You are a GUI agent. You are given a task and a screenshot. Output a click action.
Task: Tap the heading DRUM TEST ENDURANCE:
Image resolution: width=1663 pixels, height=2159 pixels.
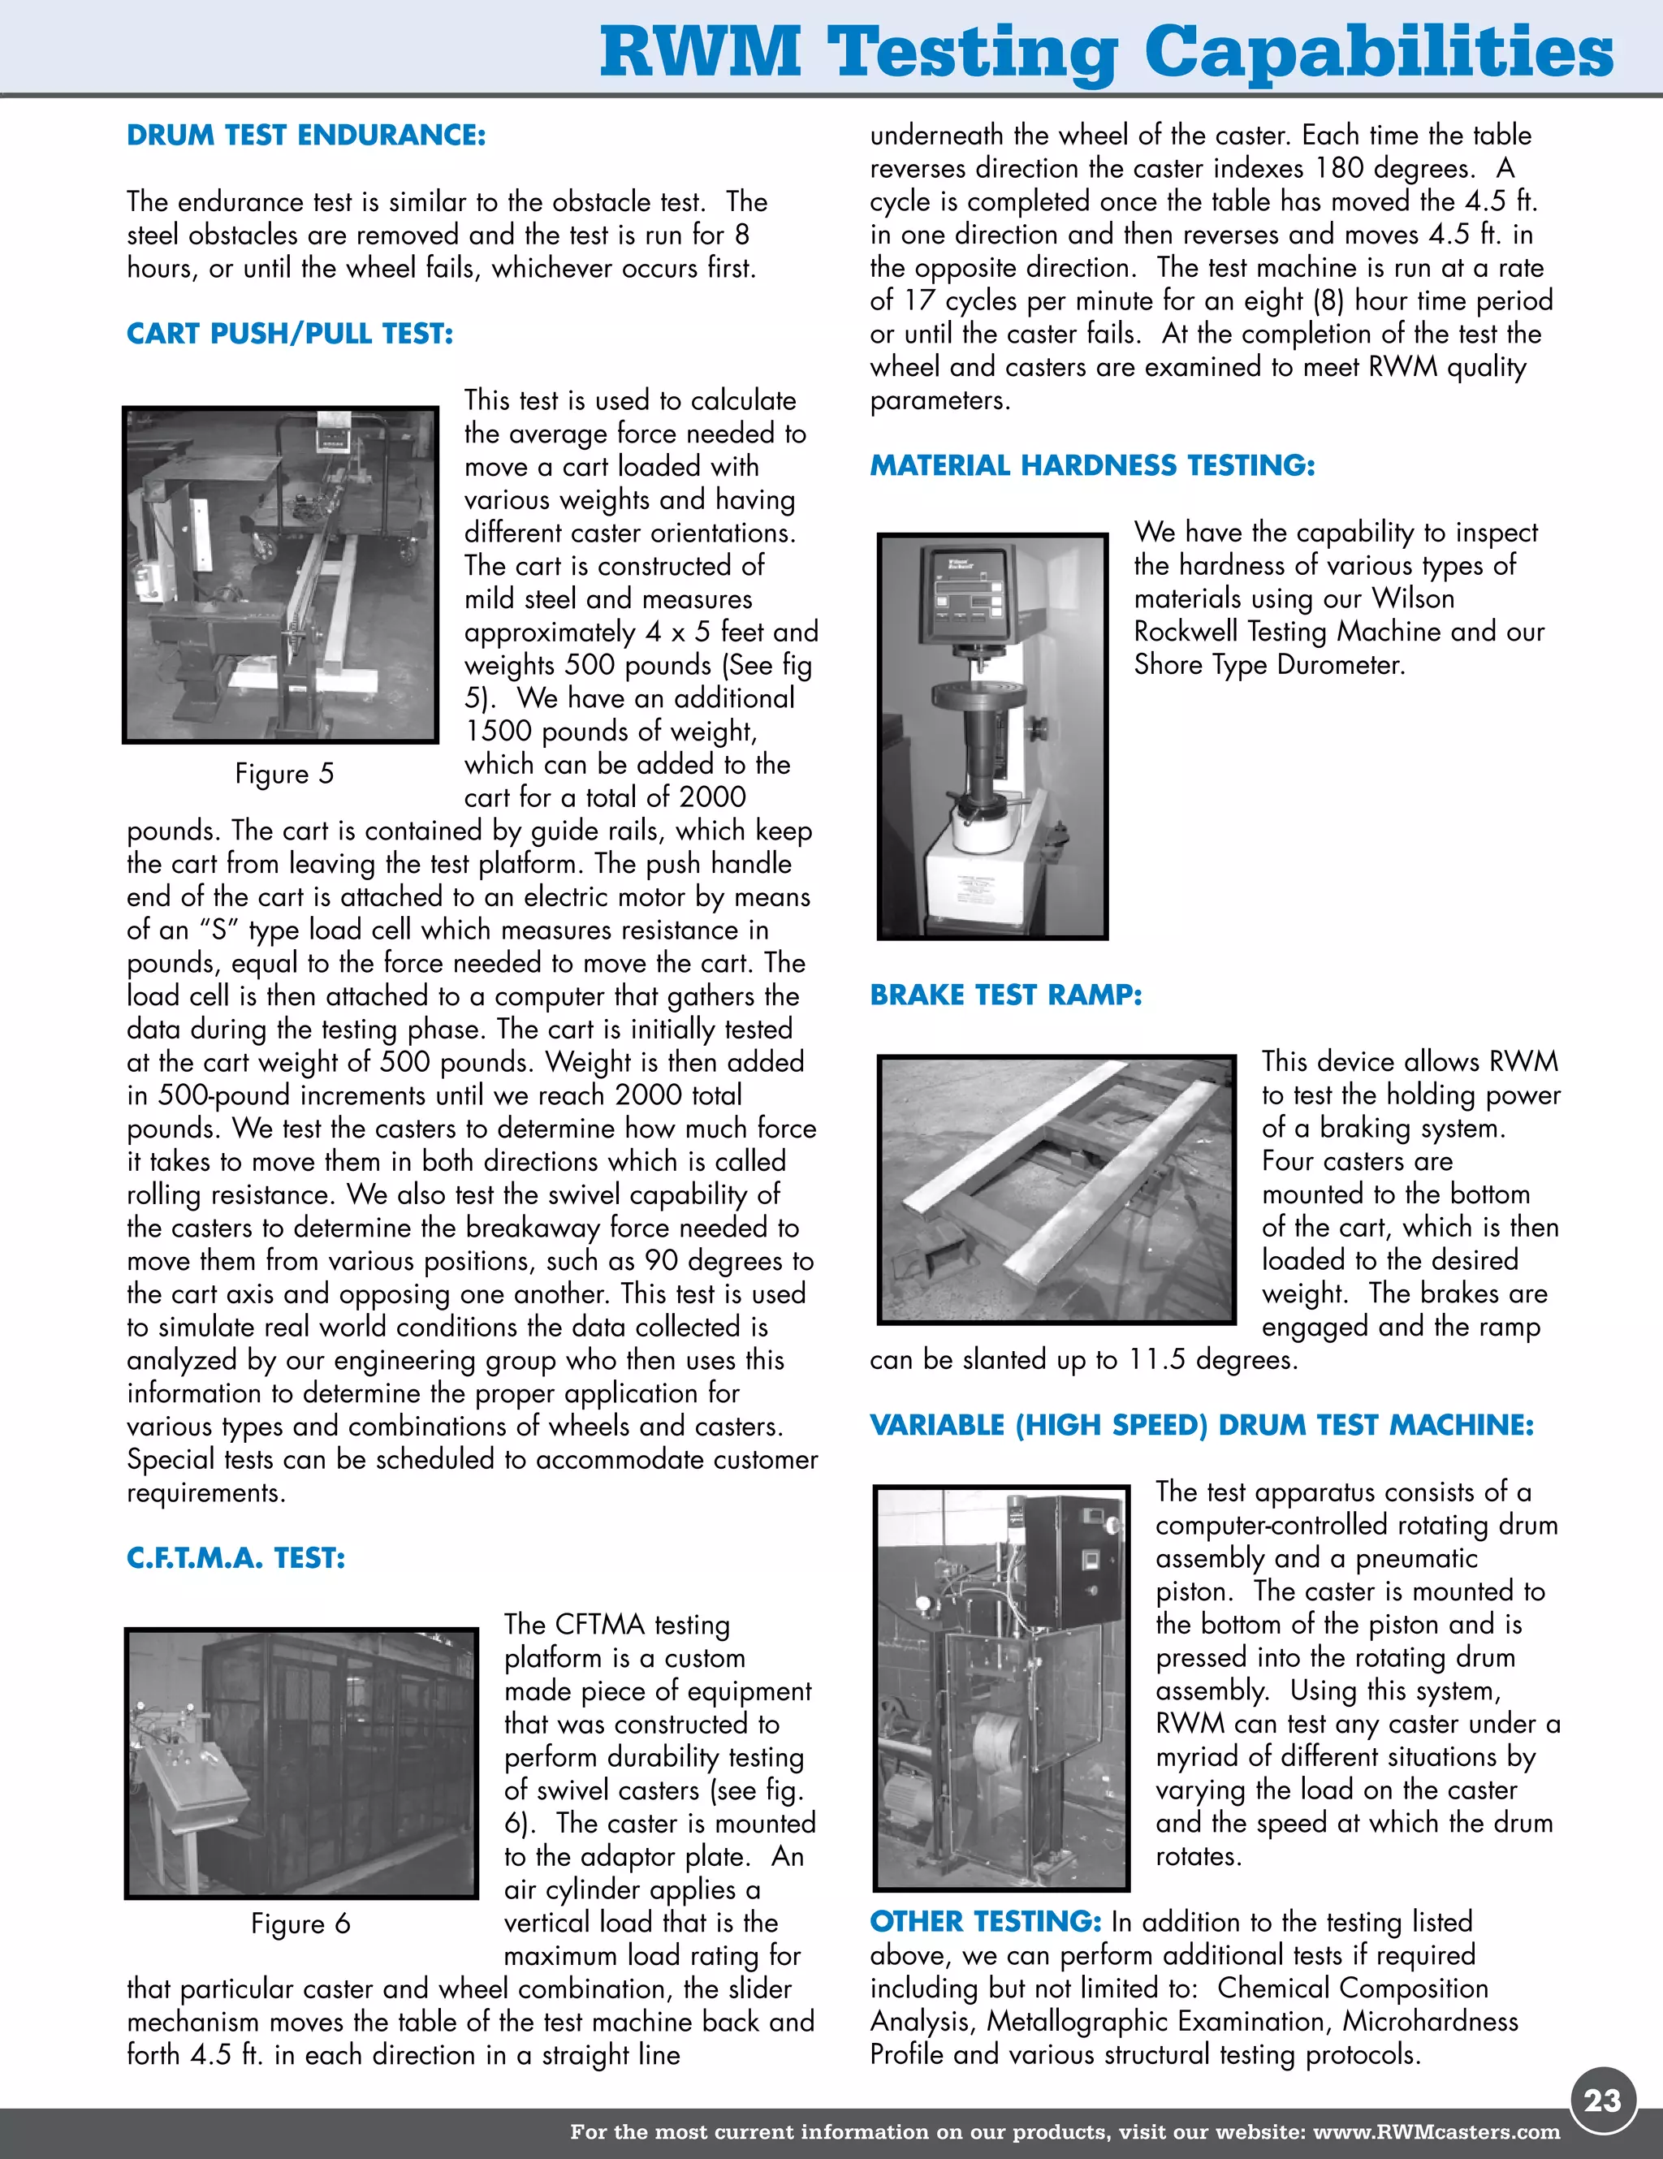tap(305, 136)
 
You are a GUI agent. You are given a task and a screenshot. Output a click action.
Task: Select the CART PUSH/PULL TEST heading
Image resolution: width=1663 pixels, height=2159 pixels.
tap(290, 335)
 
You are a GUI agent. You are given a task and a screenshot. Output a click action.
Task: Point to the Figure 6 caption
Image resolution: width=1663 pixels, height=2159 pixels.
tap(300, 1924)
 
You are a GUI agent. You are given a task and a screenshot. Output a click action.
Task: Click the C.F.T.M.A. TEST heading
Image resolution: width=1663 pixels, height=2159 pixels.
tap(235, 1559)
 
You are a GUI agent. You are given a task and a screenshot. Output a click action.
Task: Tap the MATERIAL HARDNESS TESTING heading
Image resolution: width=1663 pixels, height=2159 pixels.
tap(1091, 465)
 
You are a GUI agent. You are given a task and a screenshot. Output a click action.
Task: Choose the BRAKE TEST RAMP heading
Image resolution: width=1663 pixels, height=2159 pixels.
tap(1004, 995)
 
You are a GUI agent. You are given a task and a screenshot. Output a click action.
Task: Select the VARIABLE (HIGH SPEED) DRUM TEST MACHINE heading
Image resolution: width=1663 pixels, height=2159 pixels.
tap(1201, 1426)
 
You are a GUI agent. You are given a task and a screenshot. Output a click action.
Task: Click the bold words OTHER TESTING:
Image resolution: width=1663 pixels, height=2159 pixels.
tap(985, 1922)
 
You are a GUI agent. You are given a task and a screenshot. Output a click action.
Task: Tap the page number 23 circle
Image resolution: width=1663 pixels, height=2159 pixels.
tap(1603, 2099)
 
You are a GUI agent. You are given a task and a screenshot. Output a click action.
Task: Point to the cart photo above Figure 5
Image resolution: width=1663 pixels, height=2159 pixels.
tap(280, 574)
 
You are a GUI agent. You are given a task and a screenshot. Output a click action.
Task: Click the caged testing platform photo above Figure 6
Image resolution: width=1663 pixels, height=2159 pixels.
tap(300, 1764)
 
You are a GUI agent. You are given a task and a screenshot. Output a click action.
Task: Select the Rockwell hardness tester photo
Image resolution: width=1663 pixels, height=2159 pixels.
tap(991, 736)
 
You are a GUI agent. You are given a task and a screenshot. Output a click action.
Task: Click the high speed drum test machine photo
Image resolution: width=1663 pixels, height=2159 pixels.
tap(1000, 1687)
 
